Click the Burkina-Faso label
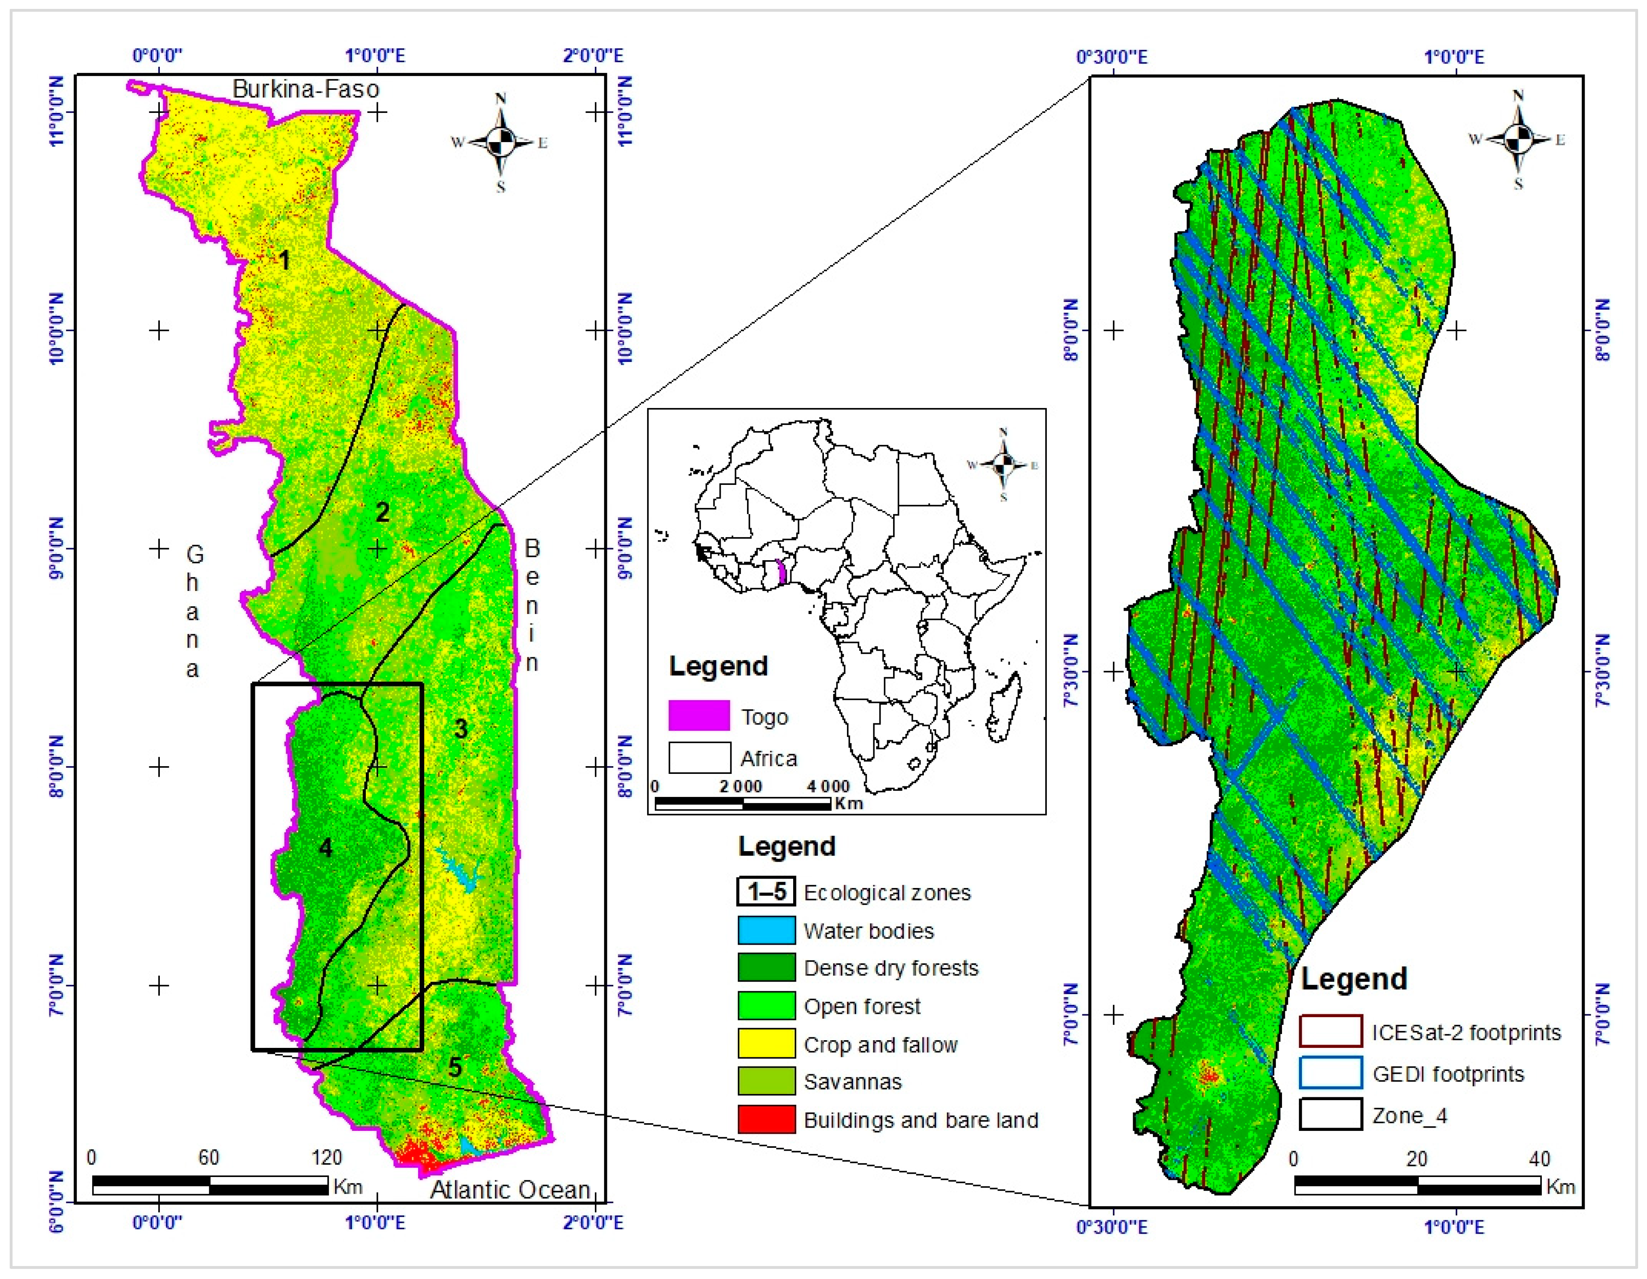point(306,89)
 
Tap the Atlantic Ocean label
point(510,1189)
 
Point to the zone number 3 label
point(461,729)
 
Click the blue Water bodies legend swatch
point(766,930)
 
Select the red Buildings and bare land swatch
point(766,1119)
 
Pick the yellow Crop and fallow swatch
point(766,1044)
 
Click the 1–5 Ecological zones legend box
point(766,891)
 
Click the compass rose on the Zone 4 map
point(1518,140)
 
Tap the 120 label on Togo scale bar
point(327,1158)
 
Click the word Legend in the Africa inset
point(718,666)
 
